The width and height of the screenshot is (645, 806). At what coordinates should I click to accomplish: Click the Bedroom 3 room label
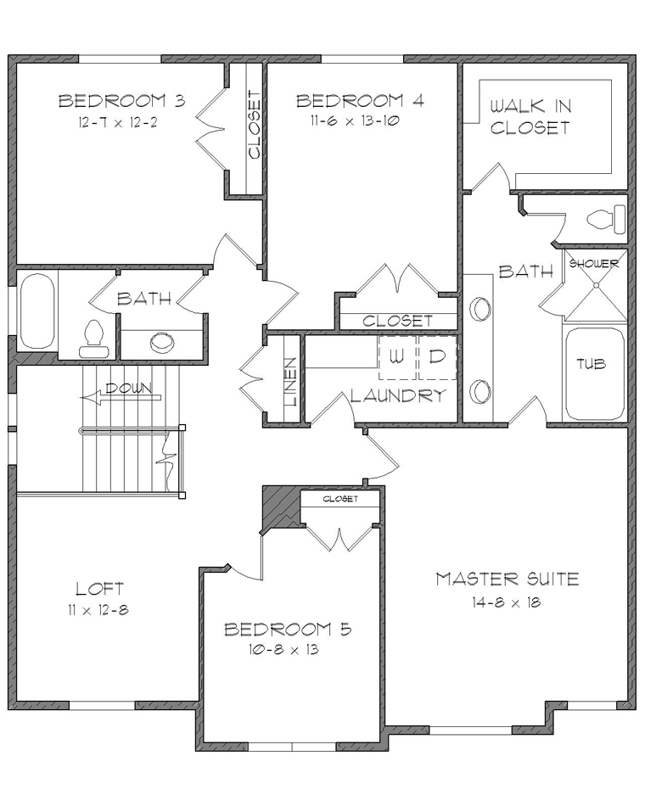point(122,100)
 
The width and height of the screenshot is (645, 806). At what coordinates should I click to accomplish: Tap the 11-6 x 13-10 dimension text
point(355,120)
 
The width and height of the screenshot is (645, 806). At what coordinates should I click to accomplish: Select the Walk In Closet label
point(530,117)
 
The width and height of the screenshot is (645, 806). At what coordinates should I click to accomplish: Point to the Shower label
point(594,264)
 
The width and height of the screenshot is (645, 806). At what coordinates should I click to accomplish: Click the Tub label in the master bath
point(591,364)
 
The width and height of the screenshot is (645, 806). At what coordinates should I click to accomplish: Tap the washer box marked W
point(397,357)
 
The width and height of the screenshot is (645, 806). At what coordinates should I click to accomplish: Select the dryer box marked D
point(437,357)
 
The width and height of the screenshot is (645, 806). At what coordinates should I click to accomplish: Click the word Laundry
point(398,395)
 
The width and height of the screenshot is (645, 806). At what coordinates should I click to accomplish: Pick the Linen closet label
point(291,381)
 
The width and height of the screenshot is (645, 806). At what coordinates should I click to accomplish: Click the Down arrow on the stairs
point(121,397)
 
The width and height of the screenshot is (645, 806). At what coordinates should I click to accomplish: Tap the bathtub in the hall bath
point(36,311)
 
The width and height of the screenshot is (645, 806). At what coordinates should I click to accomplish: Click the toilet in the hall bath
point(93,339)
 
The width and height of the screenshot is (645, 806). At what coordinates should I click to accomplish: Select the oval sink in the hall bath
point(162,341)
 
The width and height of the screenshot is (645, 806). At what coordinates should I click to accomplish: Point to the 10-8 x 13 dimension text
point(283,649)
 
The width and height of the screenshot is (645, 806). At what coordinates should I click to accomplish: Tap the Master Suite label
point(508,579)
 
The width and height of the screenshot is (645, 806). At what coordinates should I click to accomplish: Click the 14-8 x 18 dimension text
point(507,602)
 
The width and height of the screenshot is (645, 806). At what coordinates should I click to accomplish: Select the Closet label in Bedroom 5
point(340,499)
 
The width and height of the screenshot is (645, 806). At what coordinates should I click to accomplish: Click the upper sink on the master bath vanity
point(481,309)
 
